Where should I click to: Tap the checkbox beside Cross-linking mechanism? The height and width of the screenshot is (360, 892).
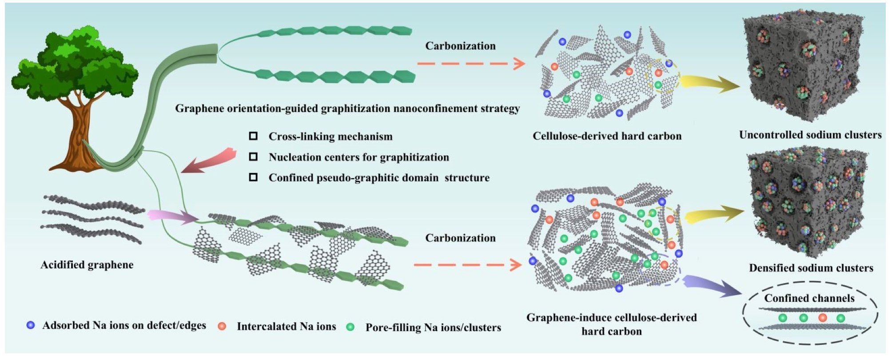click(x=253, y=136)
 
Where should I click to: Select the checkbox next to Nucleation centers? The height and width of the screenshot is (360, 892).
click(x=253, y=157)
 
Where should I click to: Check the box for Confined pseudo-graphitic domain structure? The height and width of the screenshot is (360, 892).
click(x=253, y=177)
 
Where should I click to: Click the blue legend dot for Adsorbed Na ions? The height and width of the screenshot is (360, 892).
click(x=31, y=325)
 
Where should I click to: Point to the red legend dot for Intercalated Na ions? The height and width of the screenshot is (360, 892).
click(x=222, y=326)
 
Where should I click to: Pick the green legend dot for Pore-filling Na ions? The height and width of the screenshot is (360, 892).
click(x=350, y=327)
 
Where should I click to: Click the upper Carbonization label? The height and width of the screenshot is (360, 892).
click(x=460, y=46)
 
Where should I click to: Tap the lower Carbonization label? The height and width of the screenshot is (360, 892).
click(x=460, y=238)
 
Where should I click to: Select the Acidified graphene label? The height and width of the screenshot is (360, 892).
click(x=87, y=265)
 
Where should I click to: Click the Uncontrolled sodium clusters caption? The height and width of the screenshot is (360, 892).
click(x=810, y=135)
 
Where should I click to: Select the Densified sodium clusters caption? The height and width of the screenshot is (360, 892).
click(x=811, y=268)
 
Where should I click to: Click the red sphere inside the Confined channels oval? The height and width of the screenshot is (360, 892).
click(x=822, y=318)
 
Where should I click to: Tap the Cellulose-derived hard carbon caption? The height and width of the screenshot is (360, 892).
click(x=607, y=136)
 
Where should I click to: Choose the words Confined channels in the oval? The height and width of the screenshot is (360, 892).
click(x=809, y=298)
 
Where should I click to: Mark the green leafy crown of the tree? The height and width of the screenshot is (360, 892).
click(x=76, y=62)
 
